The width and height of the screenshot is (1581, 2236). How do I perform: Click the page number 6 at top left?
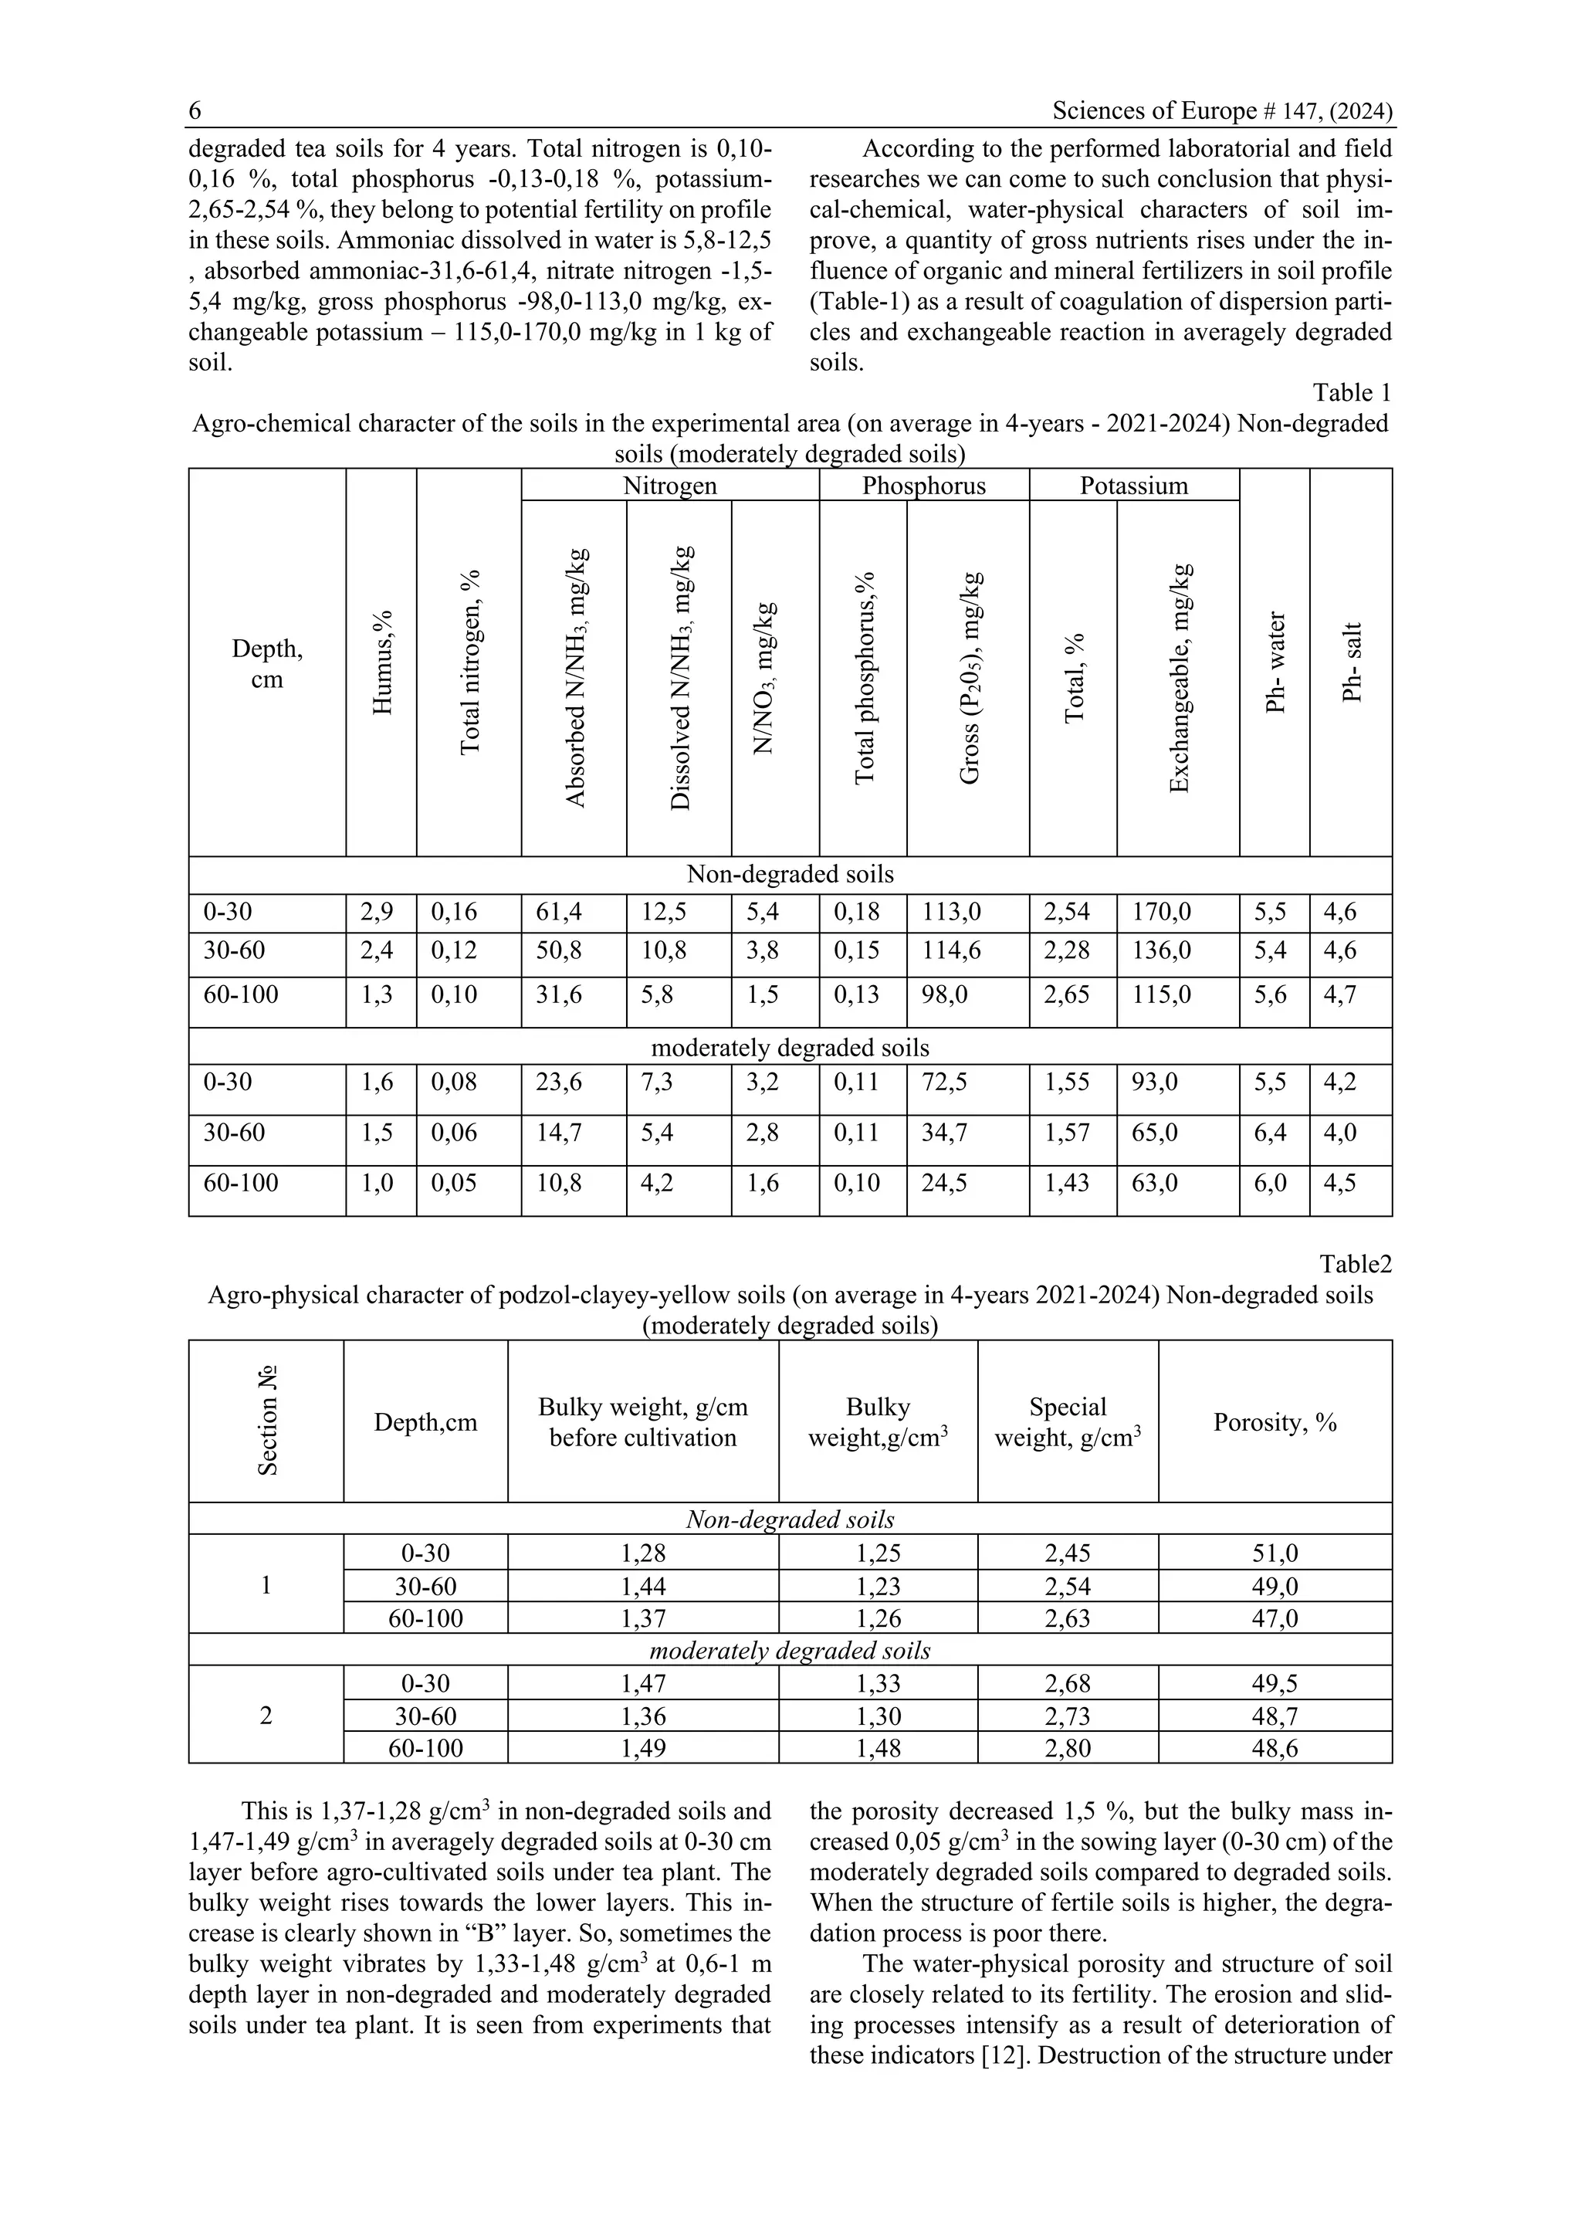click(195, 111)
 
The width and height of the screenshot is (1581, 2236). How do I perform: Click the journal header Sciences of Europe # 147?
click(1222, 111)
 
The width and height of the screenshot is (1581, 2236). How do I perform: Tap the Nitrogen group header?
click(670, 486)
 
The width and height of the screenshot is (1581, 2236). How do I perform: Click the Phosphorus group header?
click(923, 486)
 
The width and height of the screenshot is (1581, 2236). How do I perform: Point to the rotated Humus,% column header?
click(383, 663)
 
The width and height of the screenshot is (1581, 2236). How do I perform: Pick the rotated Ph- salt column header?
click(1351, 663)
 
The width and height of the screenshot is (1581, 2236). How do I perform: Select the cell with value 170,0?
click(1160, 913)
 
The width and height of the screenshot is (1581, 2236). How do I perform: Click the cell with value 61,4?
click(559, 913)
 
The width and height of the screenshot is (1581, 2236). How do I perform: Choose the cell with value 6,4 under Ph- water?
click(1271, 1133)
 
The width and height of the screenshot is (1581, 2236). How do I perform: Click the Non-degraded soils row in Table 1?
click(790, 875)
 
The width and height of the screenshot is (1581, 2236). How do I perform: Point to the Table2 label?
click(1355, 1264)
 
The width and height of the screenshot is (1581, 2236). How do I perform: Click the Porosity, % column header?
click(1275, 1423)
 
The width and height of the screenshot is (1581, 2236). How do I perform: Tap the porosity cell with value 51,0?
click(1275, 1553)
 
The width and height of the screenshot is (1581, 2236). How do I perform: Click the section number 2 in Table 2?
click(266, 1715)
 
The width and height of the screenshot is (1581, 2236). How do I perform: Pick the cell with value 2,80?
click(1067, 1748)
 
